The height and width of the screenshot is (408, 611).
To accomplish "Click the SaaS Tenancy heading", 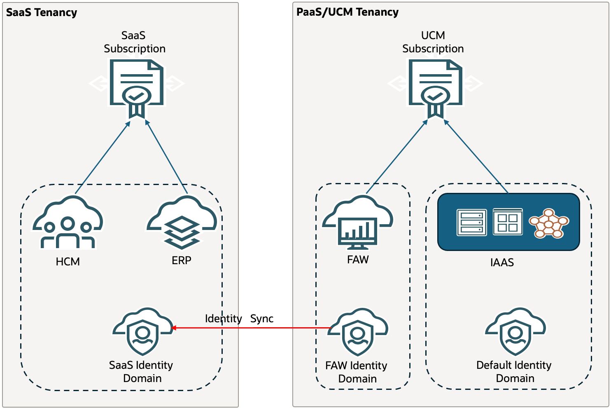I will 42,12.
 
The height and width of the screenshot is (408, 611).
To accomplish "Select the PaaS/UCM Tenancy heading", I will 347,12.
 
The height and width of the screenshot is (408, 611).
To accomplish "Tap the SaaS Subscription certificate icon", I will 137,87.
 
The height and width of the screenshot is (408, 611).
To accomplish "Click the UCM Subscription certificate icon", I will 436,87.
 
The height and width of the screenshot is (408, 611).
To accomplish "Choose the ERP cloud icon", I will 182,223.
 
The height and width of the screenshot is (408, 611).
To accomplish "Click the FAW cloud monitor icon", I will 357,223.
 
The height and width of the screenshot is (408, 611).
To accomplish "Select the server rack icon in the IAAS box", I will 472,223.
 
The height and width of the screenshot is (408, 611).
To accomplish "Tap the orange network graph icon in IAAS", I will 549,223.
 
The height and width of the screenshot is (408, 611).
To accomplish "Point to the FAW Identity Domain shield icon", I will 358,332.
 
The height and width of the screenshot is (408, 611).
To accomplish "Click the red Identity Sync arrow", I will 251,328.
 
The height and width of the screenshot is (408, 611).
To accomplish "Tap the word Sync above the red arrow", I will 262,319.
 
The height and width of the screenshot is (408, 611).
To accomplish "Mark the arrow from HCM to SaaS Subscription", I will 102,157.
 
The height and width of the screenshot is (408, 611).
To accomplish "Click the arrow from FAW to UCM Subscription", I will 396,157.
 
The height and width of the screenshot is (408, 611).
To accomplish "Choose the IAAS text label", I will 502,263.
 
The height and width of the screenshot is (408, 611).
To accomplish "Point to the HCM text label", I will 68,262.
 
